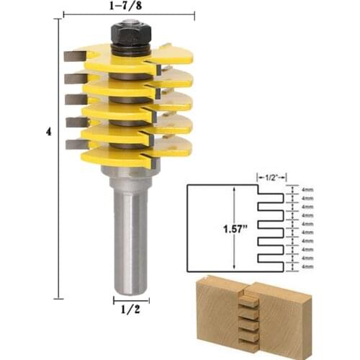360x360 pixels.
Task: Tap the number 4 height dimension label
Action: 49,132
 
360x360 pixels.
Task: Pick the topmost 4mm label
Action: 307,189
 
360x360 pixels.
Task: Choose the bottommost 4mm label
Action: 307,266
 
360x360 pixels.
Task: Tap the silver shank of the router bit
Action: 130,238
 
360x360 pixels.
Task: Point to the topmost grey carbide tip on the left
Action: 74,57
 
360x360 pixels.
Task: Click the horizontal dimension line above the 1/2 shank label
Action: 130,300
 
